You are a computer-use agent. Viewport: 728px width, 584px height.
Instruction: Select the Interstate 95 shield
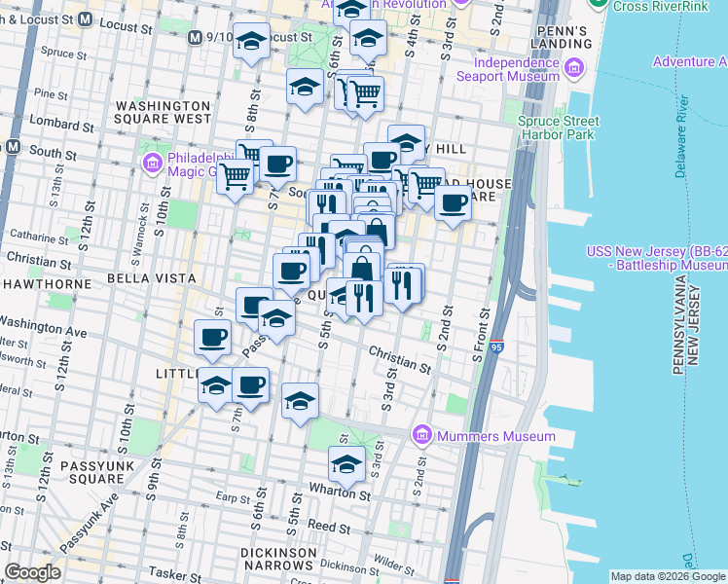(496, 346)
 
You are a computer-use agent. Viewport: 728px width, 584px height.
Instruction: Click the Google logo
(33, 572)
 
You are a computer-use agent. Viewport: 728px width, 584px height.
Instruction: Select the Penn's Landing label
(561, 37)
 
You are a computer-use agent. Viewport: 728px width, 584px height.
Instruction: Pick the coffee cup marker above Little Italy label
(212, 338)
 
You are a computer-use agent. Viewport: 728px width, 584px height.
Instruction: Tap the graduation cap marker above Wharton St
(346, 465)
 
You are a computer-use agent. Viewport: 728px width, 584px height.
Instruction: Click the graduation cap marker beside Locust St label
(252, 41)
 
